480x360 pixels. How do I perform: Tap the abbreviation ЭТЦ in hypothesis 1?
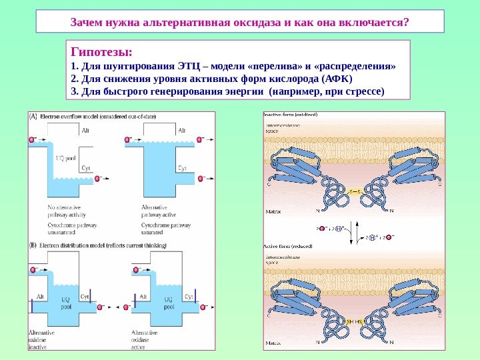click(189, 67)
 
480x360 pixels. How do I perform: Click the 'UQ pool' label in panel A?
click(65, 158)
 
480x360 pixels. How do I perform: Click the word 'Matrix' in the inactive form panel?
click(273, 211)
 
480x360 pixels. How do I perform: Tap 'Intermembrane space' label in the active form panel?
click(283, 259)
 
